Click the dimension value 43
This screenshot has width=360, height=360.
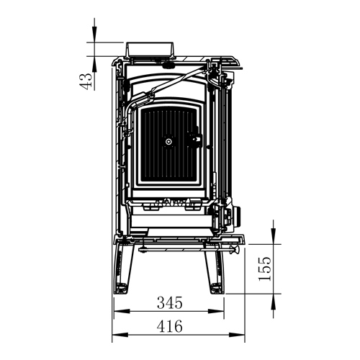(x=86, y=81)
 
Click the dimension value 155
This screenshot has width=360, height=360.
(x=265, y=269)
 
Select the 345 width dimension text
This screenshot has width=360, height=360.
(x=170, y=302)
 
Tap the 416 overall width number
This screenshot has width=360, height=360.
(x=170, y=326)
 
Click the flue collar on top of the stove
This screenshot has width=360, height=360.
(x=150, y=50)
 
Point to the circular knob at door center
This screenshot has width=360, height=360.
(x=169, y=141)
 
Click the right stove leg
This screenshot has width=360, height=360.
(x=215, y=270)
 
